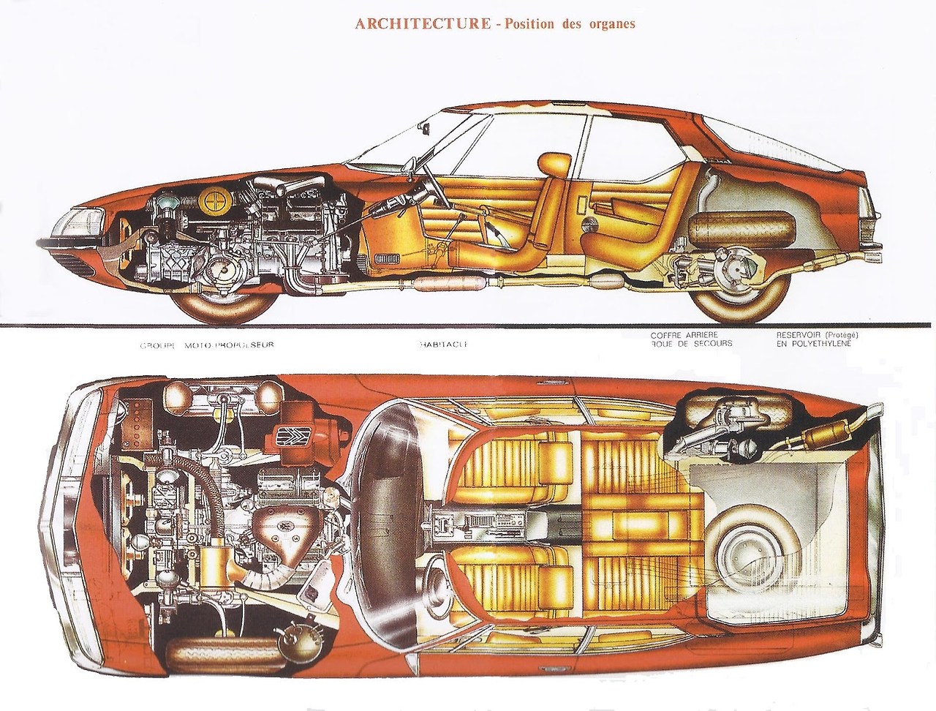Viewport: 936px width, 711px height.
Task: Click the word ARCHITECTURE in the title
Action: (x=422, y=23)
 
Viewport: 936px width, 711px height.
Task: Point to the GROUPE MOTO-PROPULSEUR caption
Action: (x=206, y=344)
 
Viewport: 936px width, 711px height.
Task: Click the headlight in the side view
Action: (x=85, y=217)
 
